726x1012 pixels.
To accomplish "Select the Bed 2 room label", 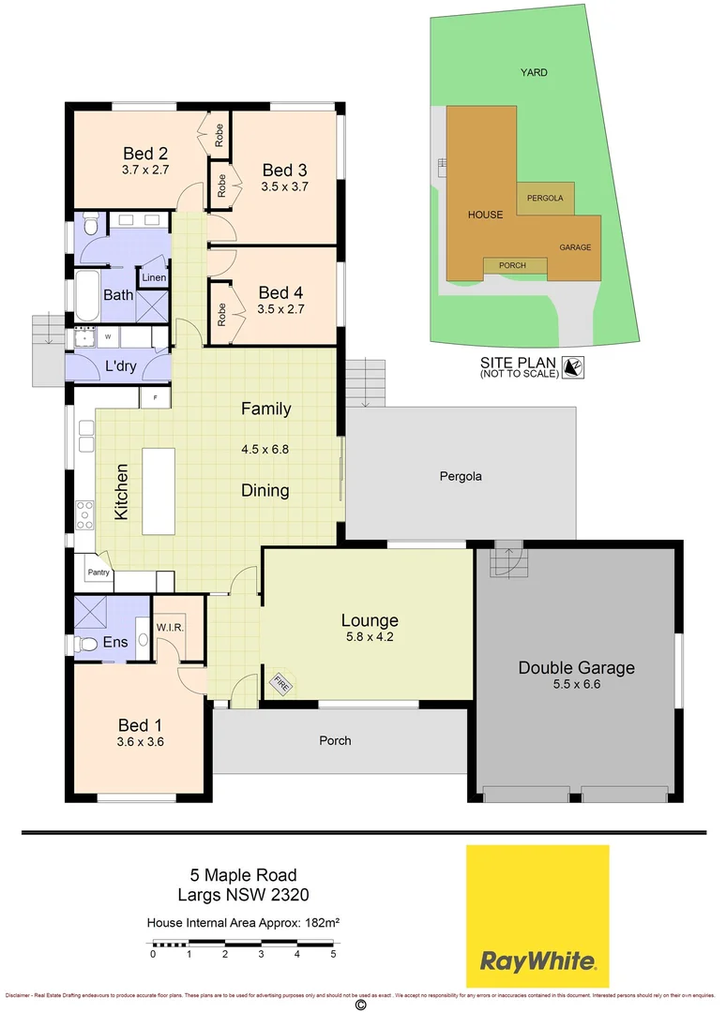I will pos(145,154).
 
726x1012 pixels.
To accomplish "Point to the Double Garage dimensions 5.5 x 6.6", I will pos(576,685).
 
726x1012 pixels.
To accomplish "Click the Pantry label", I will pos(98,573).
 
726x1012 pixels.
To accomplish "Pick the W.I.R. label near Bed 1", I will pos(169,627).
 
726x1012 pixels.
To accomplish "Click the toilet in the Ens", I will pos(89,644).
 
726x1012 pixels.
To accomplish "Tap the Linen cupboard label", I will pos(154,278).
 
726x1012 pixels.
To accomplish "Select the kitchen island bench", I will pos(159,490).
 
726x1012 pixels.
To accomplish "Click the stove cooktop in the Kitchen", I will pos(84,513).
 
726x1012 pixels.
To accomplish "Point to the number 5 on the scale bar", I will pos(333,955).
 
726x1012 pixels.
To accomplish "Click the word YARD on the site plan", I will pos(535,72).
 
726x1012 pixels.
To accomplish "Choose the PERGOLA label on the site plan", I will pos(545,199).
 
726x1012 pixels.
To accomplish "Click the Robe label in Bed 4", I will pos(220,314).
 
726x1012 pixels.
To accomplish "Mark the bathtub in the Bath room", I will pos(89,296).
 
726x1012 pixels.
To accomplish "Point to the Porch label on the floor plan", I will pos(335,740).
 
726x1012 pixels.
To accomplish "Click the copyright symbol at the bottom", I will pos(359,1005).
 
